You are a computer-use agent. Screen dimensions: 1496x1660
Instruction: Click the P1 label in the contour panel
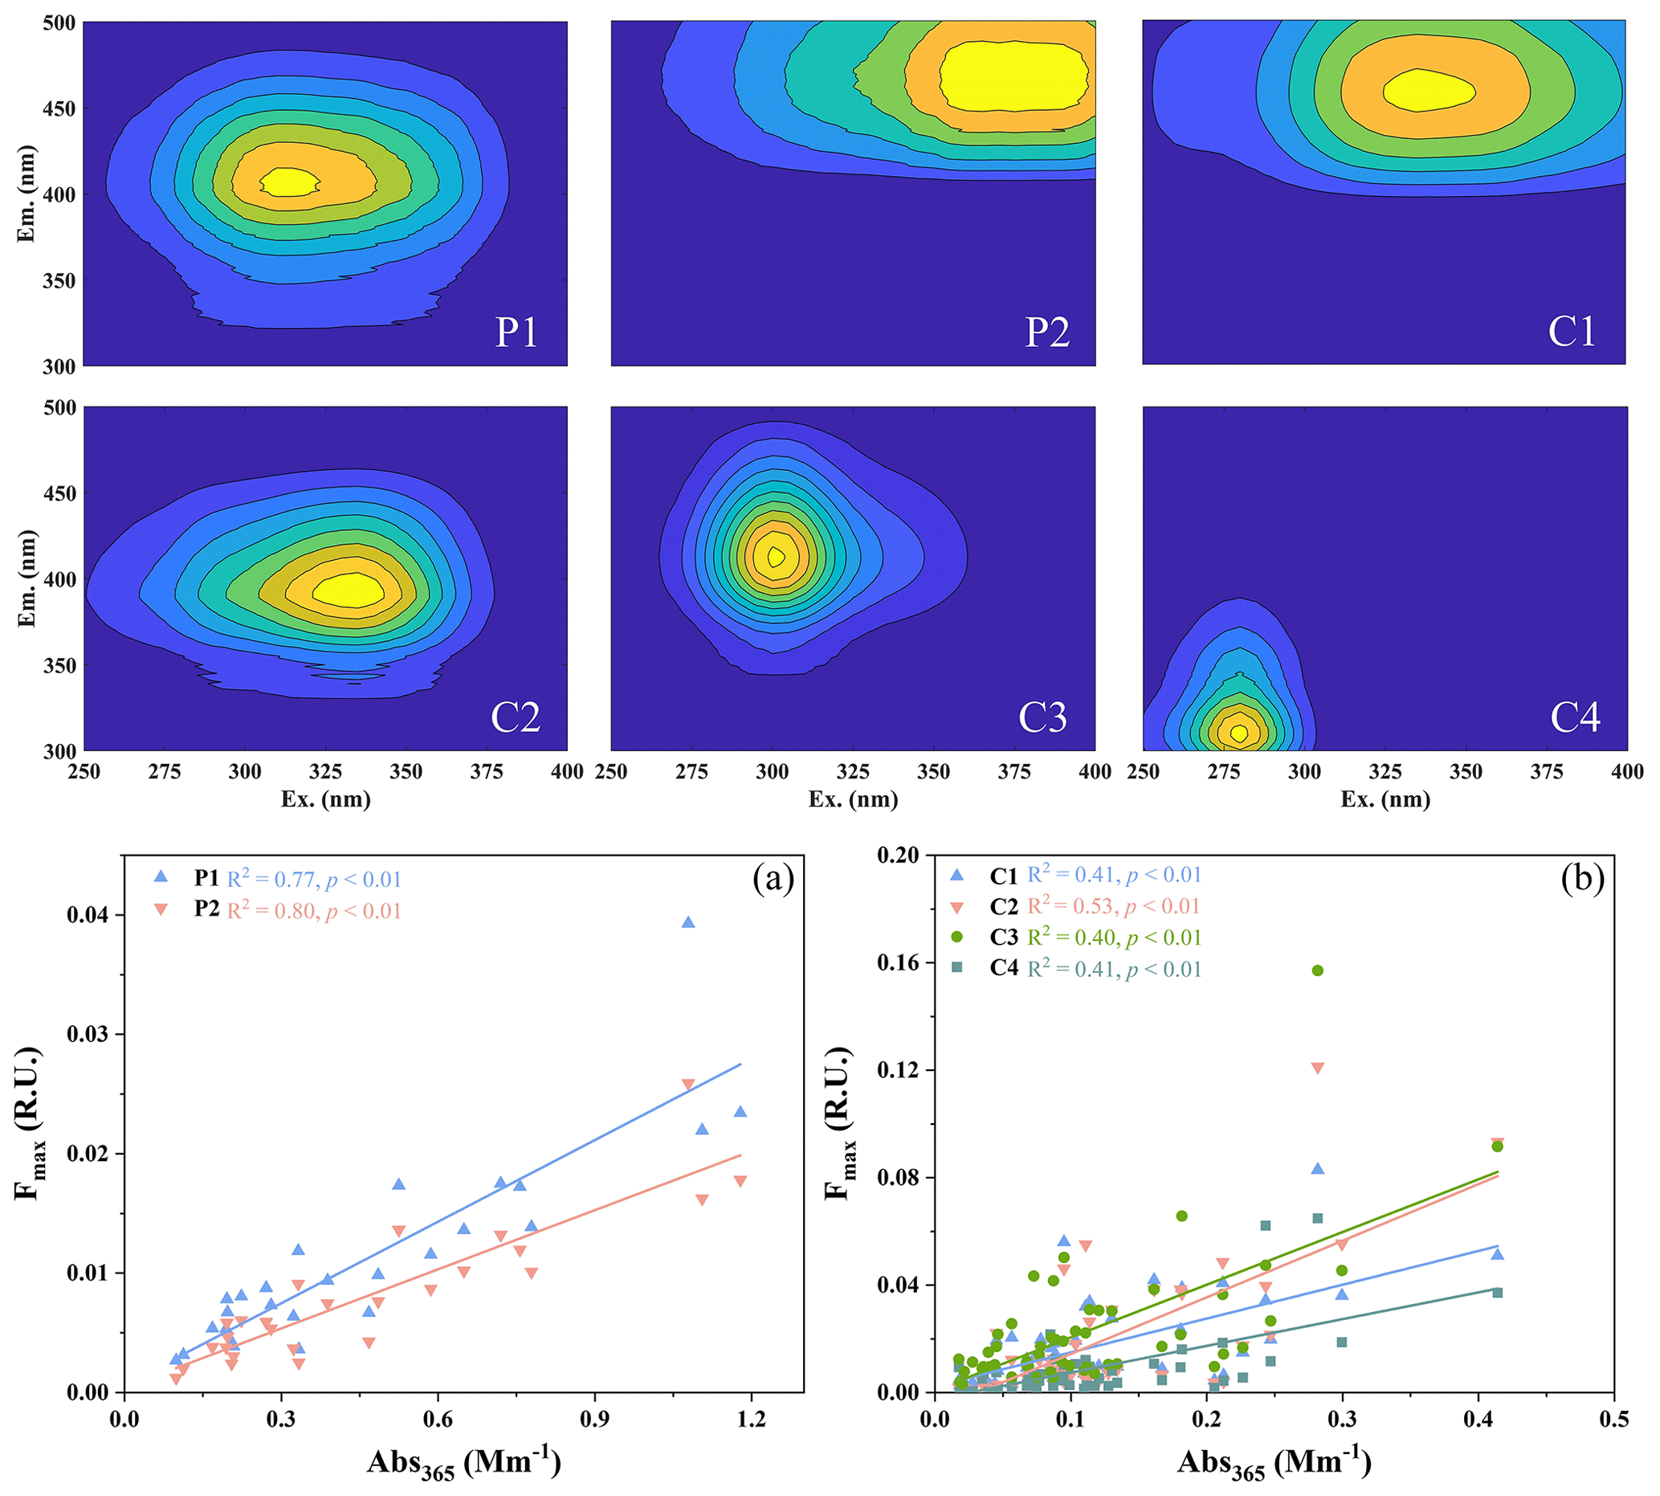click(x=516, y=332)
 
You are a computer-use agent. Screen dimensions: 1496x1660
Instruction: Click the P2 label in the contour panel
click(x=1047, y=332)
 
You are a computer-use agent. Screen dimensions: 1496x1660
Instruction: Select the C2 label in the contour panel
click(x=516, y=717)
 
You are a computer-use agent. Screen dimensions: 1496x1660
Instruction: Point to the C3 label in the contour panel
click(x=1042, y=717)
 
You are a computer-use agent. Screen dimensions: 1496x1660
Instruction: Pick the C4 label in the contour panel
click(x=1575, y=717)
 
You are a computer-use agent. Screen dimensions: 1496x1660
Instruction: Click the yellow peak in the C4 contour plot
click(x=1238, y=733)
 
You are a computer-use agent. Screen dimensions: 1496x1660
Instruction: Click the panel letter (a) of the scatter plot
click(x=773, y=879)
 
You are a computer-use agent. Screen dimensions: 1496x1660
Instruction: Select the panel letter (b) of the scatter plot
click(x=1582, y=879)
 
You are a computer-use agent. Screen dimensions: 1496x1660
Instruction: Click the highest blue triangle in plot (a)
click(x=687, y=922)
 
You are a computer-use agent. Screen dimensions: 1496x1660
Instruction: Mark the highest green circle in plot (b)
click(x=1317, y=971)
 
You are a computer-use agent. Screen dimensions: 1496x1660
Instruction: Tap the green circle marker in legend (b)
click(x=956, y=937)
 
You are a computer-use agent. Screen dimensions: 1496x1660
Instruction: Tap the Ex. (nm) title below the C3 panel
click(x=853, y=799)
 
